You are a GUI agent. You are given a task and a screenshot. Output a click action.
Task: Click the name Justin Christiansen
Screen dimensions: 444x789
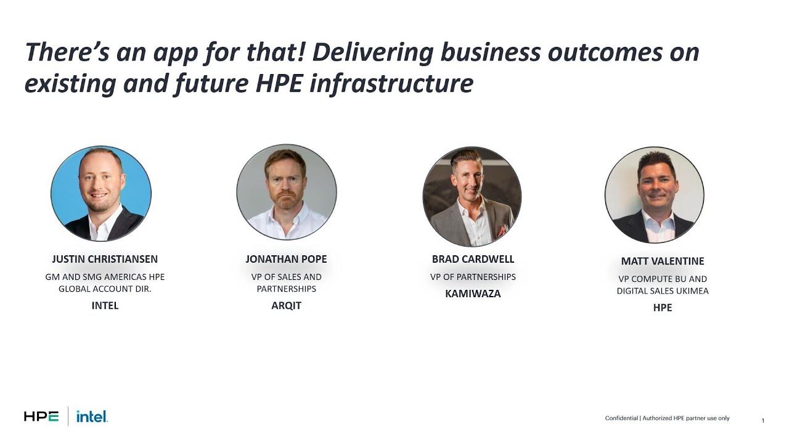coord(105,259)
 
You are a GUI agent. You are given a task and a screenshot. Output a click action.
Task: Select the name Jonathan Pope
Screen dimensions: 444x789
coord(286,259)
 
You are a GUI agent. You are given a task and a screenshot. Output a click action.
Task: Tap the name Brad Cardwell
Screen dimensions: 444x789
coord(473,259)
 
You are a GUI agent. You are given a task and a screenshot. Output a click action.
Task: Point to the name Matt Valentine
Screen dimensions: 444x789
coord(663,261)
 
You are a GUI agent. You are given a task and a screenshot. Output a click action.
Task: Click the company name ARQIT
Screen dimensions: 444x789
coord(286,305)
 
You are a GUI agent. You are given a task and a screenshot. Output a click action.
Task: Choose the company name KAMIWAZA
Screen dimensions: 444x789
coord(473,294)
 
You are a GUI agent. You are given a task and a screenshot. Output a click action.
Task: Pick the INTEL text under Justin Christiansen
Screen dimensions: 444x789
coord(105,305)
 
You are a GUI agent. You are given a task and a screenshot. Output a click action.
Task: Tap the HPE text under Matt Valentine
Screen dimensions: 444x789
coord(663,307)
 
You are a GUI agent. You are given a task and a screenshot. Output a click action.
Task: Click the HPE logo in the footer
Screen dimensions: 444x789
coord(41,417)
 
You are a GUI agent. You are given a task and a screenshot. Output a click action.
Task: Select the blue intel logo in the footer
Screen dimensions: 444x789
coord(92,417)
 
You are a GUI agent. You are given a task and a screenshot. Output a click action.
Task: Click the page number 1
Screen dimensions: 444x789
coord(762,421)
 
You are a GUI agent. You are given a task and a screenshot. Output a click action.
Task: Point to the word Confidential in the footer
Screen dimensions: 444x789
coord(621,418)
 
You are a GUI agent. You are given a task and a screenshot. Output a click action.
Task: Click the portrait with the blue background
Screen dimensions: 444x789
coord(101,194)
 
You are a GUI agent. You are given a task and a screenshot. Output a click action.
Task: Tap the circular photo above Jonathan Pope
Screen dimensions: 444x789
coord(287,192)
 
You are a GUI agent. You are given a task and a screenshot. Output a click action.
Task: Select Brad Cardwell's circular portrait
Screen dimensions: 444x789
coord(472,196)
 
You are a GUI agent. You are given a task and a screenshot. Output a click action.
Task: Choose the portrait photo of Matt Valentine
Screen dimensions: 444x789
coord(654,195)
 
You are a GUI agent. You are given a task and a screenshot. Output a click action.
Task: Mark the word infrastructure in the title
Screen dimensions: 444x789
coord(391,84)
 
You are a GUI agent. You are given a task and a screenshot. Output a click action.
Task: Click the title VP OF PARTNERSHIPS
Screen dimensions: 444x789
coord(473,277)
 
